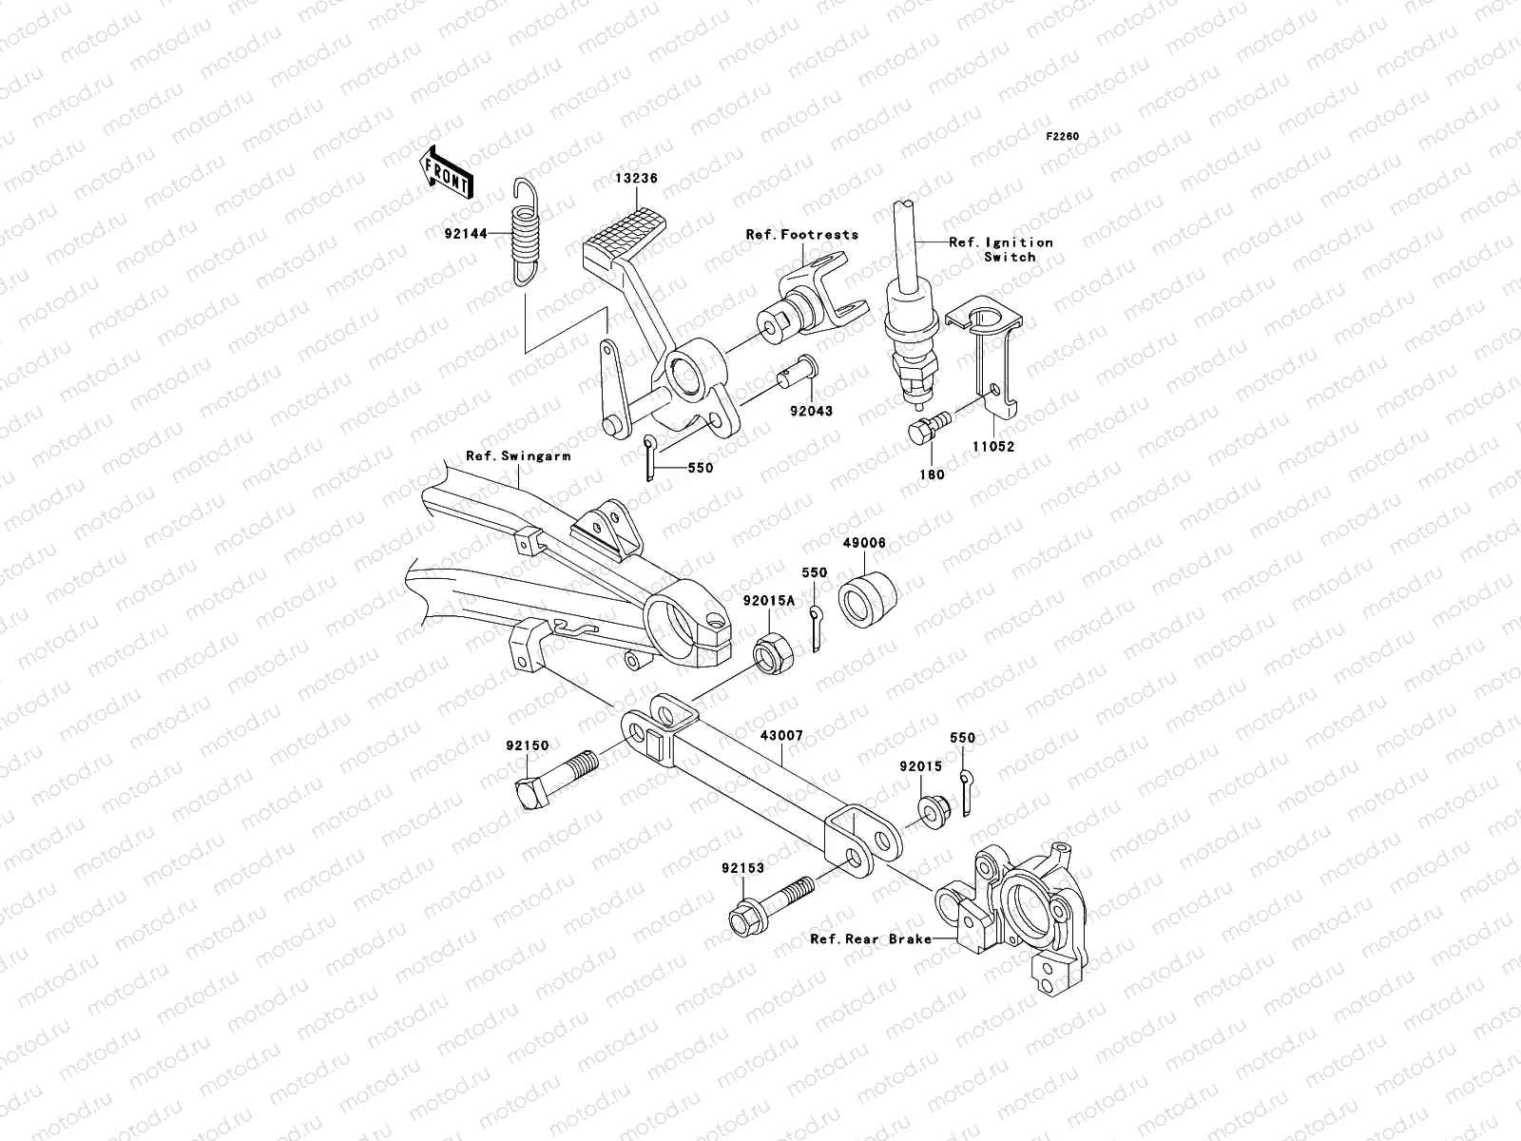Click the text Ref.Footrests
(801, 234)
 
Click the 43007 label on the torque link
(781, 736)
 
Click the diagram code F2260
(1063, 137)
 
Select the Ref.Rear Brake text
(870, 938)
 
